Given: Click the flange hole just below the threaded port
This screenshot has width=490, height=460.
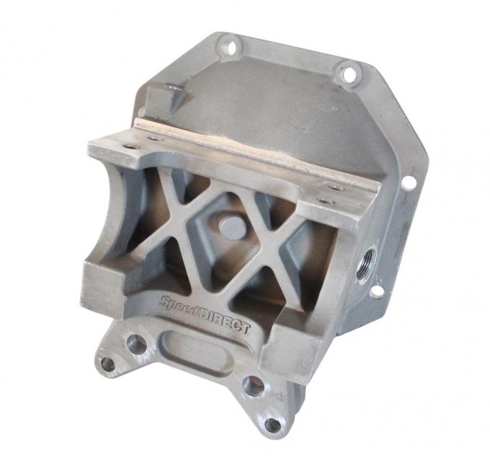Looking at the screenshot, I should click(376, 291).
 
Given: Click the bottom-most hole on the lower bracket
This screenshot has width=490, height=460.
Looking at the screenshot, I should click(272, 425).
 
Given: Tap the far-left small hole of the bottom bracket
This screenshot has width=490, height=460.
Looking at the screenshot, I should click(108, 364).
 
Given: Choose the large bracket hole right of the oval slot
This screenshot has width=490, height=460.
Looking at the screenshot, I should click(254, 385).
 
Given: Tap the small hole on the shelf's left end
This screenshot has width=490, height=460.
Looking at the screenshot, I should click(130, 146).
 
